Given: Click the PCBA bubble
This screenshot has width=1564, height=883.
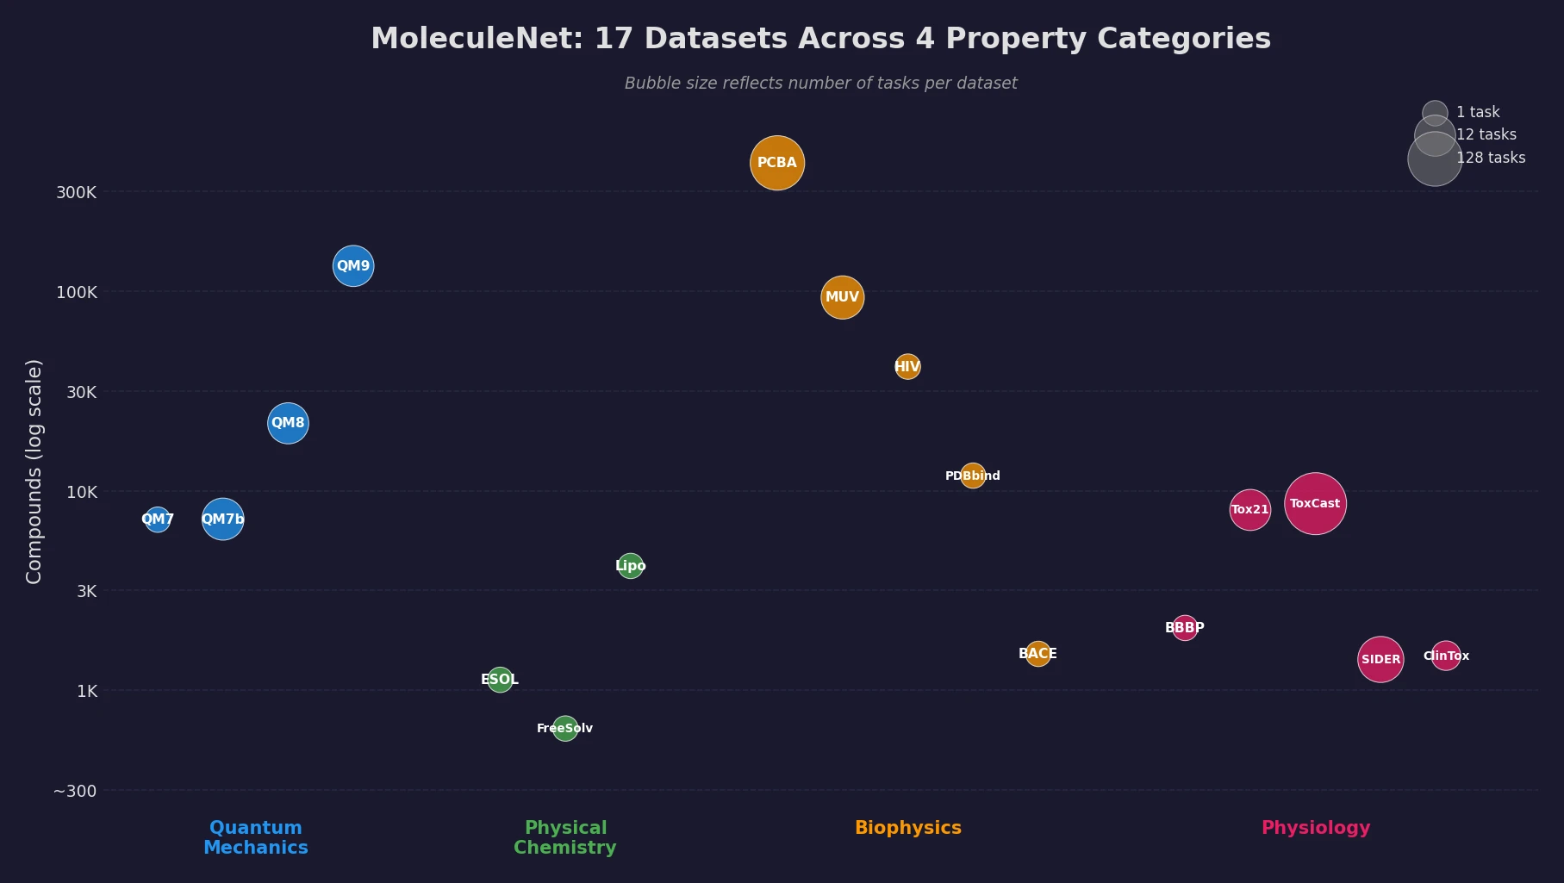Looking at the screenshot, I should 777,163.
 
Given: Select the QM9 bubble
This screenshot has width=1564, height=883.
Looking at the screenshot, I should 353,265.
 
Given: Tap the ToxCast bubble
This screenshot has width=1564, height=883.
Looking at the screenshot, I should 1315,504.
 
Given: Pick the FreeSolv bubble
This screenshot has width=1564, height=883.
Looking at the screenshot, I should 565,729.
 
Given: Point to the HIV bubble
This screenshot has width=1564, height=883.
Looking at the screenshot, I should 907,367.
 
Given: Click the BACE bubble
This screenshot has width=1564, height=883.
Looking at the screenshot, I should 1038,654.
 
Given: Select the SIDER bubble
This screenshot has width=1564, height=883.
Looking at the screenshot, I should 1380,660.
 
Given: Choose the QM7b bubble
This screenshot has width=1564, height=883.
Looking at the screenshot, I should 223,519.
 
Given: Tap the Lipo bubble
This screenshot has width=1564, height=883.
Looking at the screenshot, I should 631,566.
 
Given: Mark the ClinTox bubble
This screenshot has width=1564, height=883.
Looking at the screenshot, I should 1446,656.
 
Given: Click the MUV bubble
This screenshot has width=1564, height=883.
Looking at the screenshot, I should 842,297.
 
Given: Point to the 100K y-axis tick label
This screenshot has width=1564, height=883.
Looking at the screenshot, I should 77,292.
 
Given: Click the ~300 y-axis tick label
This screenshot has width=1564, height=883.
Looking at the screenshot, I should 75,791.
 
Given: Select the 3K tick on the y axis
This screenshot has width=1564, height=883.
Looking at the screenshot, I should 86,591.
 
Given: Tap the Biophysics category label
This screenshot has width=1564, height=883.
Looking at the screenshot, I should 907,828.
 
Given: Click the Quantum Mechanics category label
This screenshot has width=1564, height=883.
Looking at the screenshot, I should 256,837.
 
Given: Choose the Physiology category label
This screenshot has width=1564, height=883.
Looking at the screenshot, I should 1315,828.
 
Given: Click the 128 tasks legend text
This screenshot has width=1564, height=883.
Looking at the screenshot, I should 1491,158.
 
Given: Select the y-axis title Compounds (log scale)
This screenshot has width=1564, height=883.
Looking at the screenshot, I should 34,471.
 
